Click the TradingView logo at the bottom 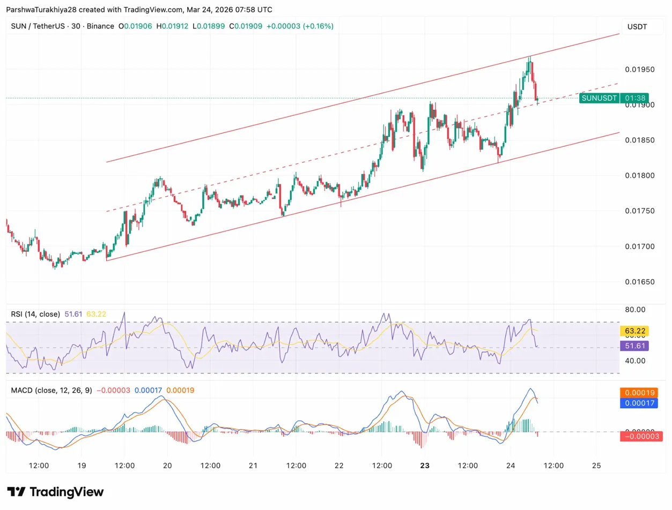tap(55, 492)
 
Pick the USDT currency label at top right tap(637, 27)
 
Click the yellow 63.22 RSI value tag tap(634, 331)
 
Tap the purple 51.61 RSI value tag tap(634, 346)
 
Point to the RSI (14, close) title tap(35, 314)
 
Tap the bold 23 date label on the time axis tap(425, 466)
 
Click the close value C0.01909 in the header tap(246, 26)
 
